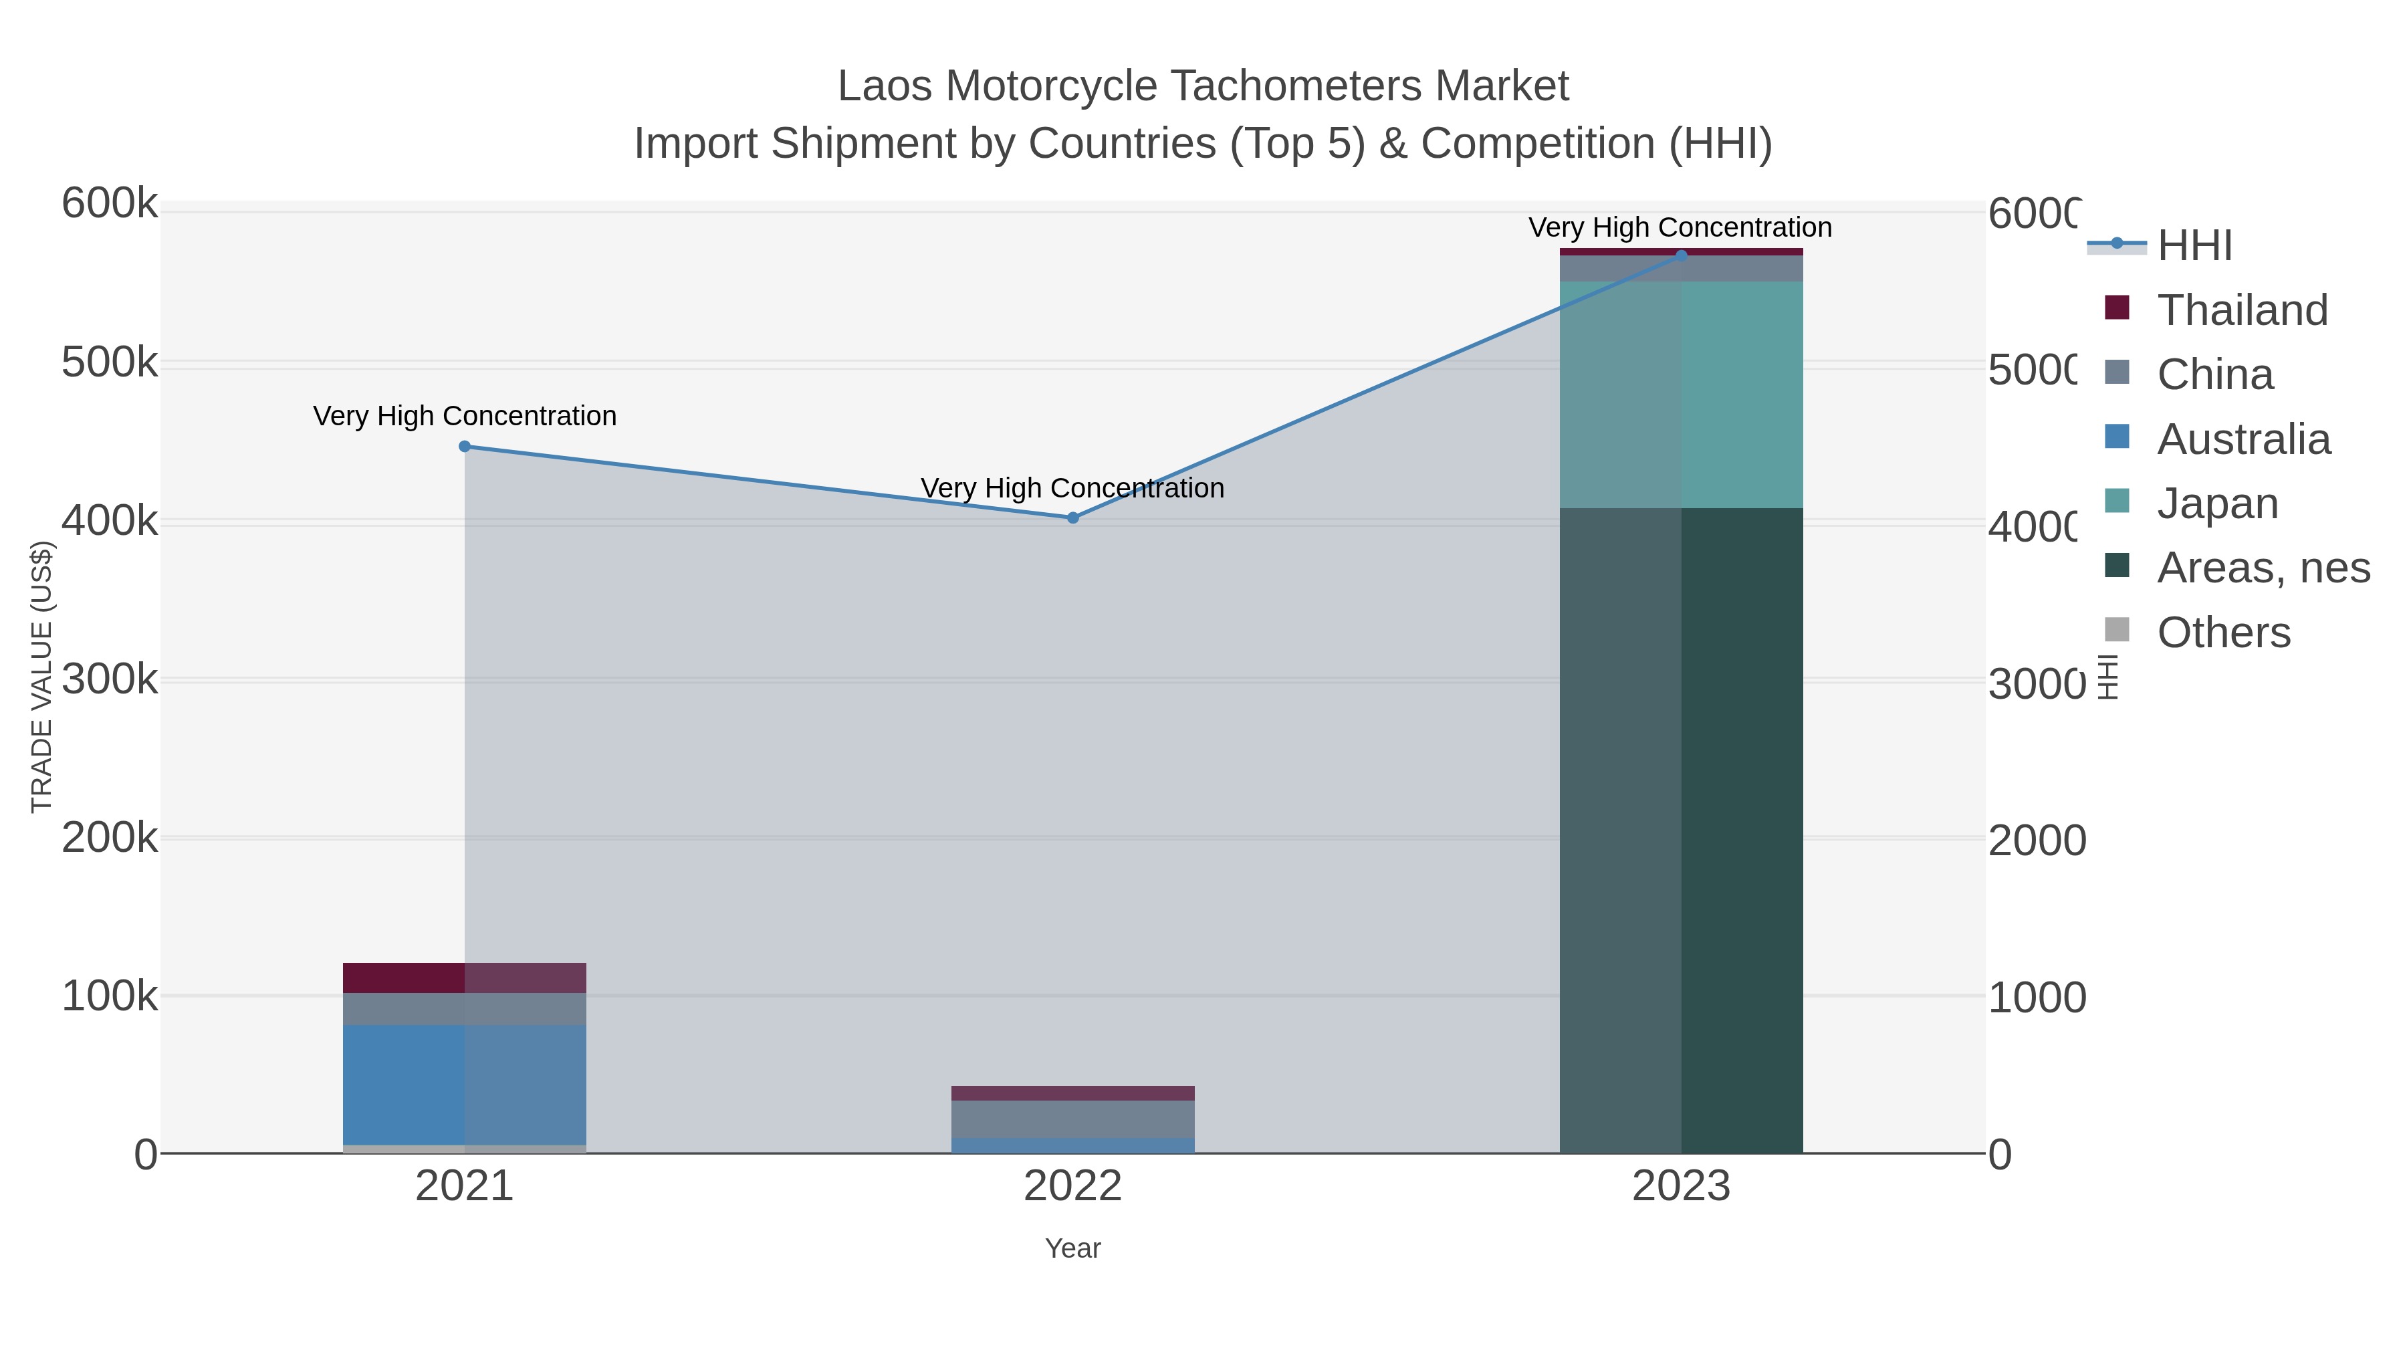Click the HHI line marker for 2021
click(465, 447)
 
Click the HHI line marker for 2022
click(1072, 518)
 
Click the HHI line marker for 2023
click(1681, 255)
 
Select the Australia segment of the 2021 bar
click(465, 1084)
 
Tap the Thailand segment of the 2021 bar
click(465, 978)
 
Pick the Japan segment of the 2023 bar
click(1681, 394)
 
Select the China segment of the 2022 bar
click(1072, 1119)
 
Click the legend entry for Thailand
click(2242, 310)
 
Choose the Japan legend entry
click(2217, 503)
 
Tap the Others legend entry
click(2223, 633)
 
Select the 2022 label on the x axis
click(1072, 1187)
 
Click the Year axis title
click(1072, 1248)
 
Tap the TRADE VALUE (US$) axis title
click(42, 677)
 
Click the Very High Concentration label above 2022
click(1072, 488)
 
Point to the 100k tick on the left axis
click(110, 997)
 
